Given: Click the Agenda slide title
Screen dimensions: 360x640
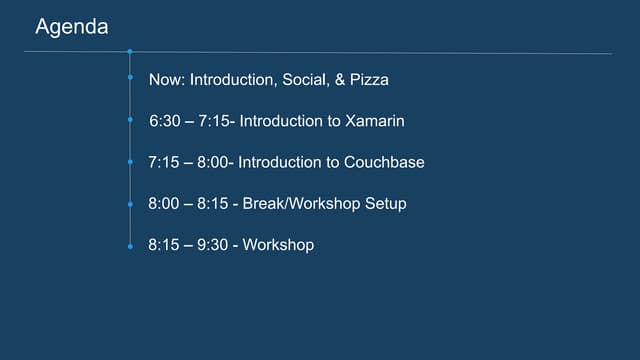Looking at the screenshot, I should (x=72, y=27).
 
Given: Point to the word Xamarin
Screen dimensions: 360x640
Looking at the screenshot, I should (x=375, y=120).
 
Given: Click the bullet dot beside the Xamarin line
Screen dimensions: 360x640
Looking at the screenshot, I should (x=130, y=120).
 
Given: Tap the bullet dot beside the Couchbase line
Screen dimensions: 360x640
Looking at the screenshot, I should (x=130, y=162).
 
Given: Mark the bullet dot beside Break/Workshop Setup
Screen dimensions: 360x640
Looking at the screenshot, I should (x=130, y=204).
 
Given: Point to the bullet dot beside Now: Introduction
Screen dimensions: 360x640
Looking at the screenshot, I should (x=130, y=78).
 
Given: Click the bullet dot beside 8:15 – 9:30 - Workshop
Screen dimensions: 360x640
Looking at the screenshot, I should (x=130, y=245).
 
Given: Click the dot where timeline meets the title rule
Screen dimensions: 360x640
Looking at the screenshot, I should (x=130, y=50).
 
